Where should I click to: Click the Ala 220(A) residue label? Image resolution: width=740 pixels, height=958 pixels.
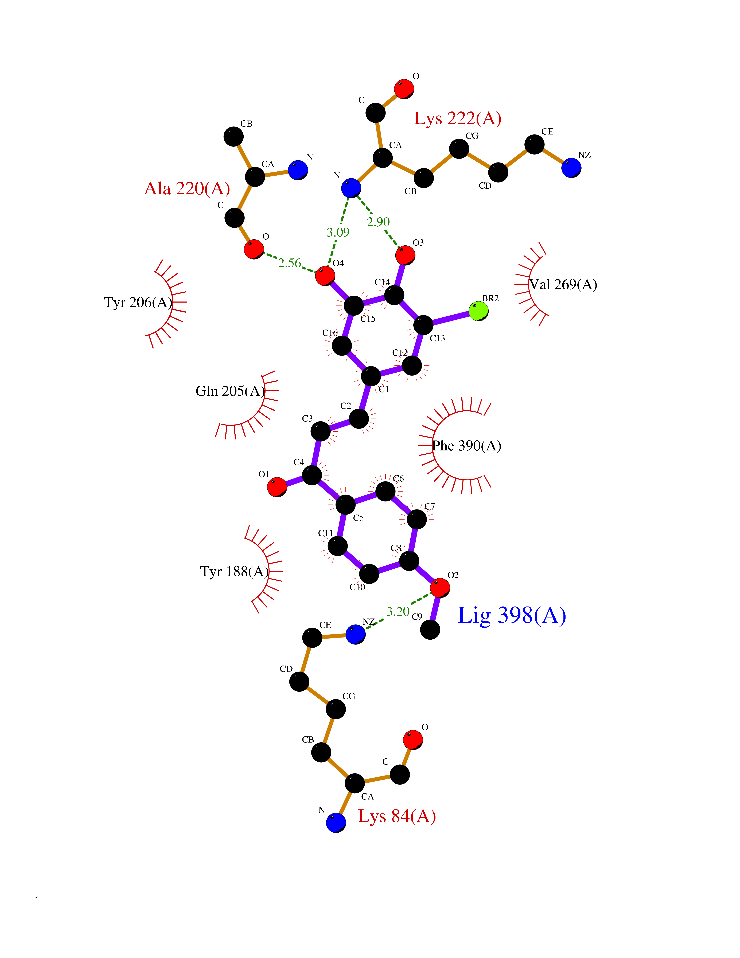[x=187, y=189]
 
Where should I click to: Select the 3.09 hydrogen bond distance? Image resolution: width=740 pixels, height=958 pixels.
[x=338, y=232]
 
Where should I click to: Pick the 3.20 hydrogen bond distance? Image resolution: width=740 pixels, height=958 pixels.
[x=398, y=612]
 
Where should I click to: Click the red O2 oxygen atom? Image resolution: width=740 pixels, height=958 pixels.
[x=440, y=588]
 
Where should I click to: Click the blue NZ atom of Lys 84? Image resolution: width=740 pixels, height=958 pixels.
[x=356, y=634]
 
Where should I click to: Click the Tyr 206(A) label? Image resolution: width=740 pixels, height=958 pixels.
[x=138, y=302]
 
